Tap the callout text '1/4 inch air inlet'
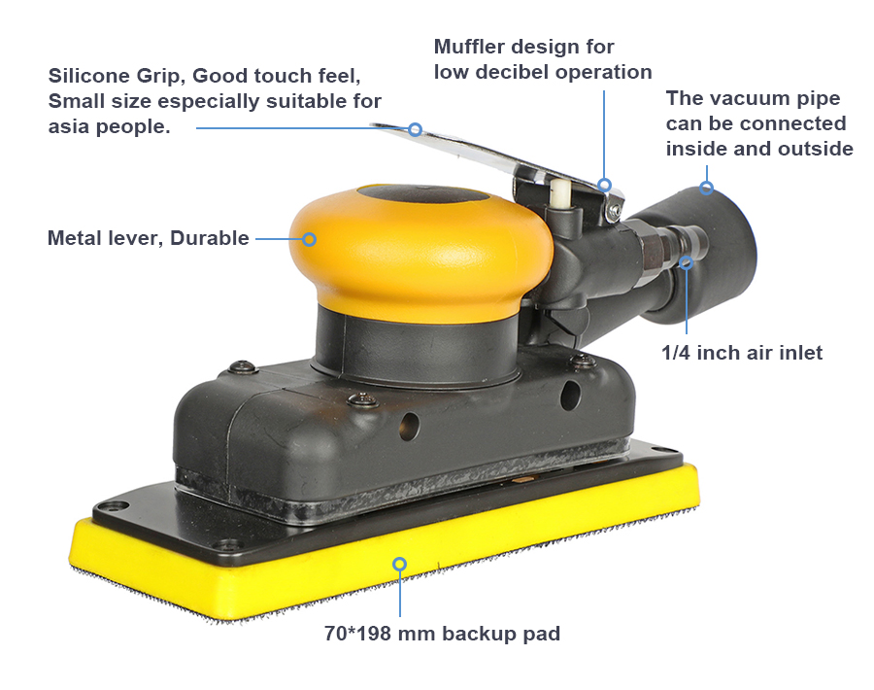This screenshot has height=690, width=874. [x=742, y=353]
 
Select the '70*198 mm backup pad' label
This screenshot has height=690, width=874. [x=442, y=634]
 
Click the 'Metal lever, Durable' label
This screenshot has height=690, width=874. [x=149, y=238]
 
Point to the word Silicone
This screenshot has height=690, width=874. [x=88, y=75]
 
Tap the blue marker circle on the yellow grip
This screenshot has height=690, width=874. [x=310, y=239]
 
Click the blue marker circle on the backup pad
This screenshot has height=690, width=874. [x=399, y=564]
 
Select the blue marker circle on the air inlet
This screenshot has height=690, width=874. [x=687, y=262]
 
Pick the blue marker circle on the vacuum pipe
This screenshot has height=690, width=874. [x=706, y=188]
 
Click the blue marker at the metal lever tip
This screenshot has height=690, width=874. [x=415, y=129]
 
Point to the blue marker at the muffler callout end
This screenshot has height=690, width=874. [x=605, y=185]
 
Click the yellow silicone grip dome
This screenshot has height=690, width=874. [x=420, y=246]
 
